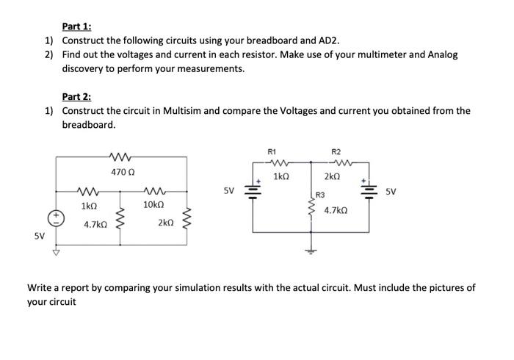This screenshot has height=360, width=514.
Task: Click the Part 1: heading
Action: click(77, 26)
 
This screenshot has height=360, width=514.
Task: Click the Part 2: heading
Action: click(77, 96)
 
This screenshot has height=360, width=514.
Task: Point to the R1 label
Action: click(272, 151)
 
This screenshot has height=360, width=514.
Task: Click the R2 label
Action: click(336, 151)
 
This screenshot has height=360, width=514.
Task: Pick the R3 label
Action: click(320, 195)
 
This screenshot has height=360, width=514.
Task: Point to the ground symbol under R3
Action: click(311, 251)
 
